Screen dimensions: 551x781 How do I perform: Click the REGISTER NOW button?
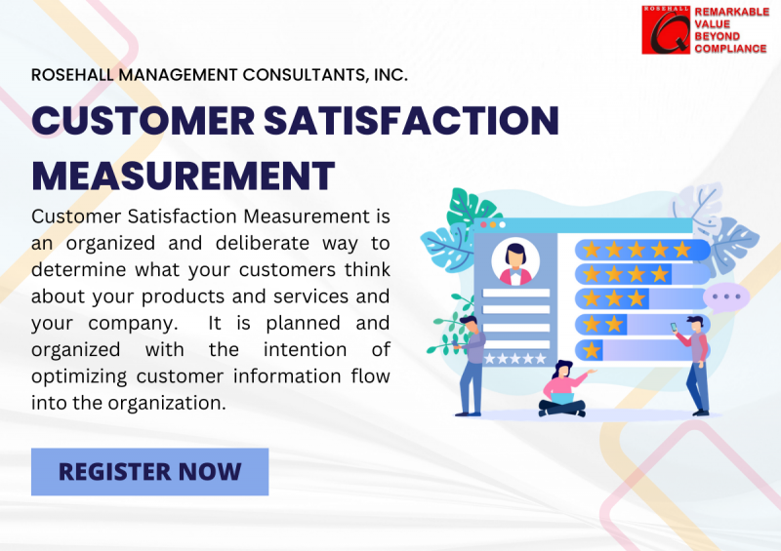149,472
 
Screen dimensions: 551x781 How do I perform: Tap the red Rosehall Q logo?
666,29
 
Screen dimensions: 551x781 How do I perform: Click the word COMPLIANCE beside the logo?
730,49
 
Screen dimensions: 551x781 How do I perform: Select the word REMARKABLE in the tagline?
731,11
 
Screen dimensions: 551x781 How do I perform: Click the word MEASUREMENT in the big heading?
184,176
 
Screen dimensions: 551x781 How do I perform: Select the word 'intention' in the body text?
269,348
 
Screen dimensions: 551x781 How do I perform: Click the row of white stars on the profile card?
515,358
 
